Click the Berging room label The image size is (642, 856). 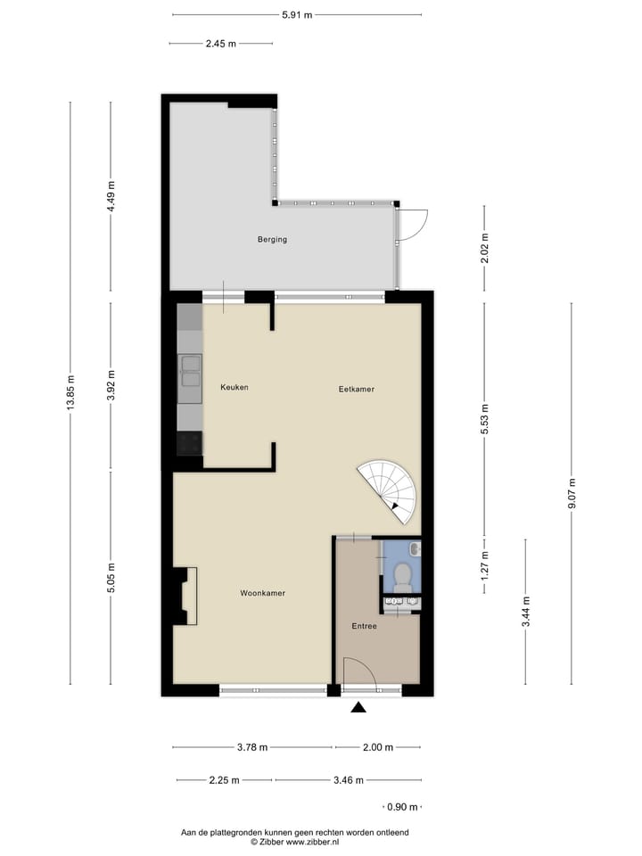272,239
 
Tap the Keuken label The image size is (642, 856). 235,387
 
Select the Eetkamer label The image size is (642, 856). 356,389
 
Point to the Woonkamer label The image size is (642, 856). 263,593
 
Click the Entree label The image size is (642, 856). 364,626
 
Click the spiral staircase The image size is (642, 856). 391,490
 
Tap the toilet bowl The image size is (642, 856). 402,575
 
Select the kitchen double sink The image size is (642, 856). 190,370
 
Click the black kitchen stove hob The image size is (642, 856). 190,443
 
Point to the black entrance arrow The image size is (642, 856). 358,708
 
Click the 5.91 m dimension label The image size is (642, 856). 296,14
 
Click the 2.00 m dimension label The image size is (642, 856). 377,748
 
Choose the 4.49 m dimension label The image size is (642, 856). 111,196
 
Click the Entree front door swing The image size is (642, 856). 358,672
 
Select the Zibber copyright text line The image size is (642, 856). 295,841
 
